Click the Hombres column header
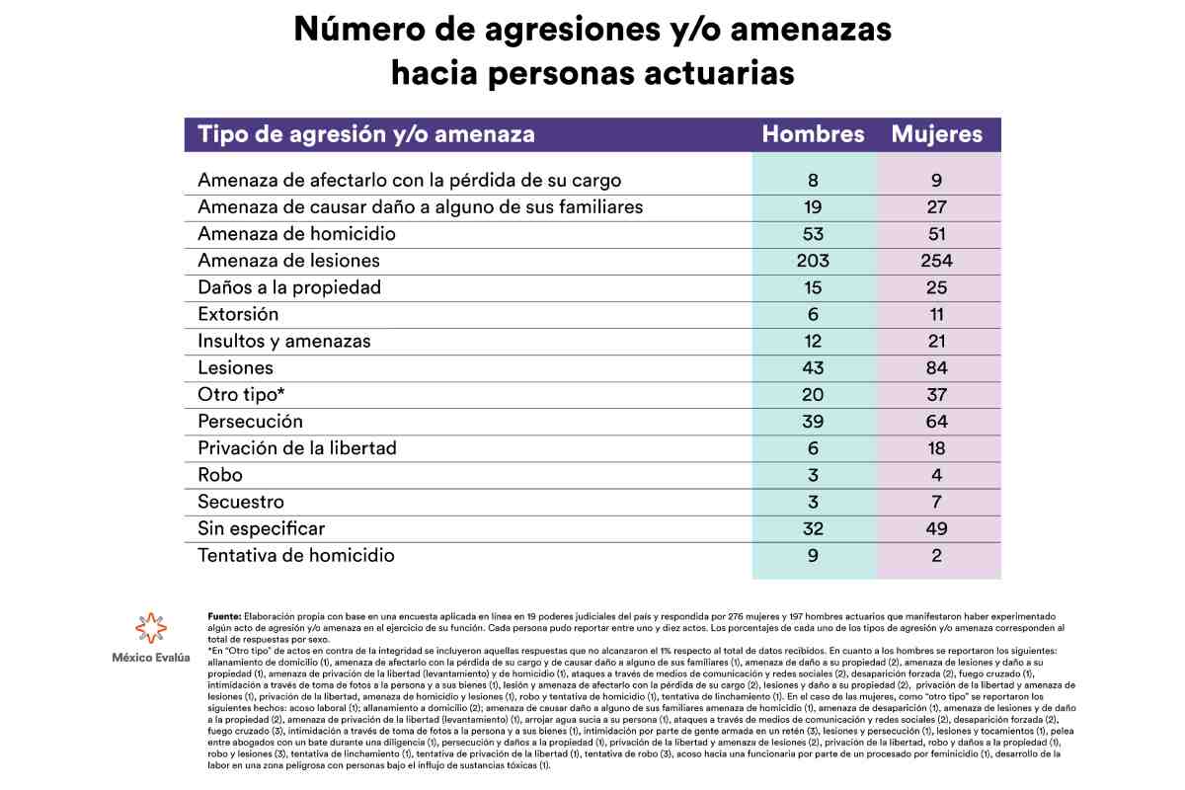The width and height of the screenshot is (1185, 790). tap(813, 134)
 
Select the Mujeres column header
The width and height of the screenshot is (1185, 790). tap(937, 134)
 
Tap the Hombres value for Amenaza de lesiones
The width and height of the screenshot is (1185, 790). tap(813, 261)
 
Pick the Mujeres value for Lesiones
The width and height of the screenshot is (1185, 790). tap(937, 368)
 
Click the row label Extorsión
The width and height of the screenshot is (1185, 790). tap(238, 314)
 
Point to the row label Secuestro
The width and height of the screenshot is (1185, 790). tap(241, 502)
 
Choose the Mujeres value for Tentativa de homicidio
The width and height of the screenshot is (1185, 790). tap(937, 555)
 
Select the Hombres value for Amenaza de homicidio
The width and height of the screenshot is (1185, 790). tap(813, 234)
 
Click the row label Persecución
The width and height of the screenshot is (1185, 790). tap(250, 422)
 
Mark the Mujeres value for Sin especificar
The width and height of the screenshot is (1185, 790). tap(937, 528)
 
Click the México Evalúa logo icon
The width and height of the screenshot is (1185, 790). tap(151, 629)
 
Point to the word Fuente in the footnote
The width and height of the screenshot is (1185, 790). tap(224, 615)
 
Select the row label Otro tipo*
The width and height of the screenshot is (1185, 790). tap(241, 395)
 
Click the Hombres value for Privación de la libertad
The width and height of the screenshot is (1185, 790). tap(813, 448)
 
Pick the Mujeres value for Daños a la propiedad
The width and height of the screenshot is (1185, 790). tap(937, 287)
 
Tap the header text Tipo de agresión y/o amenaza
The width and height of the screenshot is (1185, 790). tap(366, 134)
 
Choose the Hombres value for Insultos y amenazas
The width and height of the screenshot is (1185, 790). tap(813, 342)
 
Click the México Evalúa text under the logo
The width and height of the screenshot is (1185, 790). tap(151, 658)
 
